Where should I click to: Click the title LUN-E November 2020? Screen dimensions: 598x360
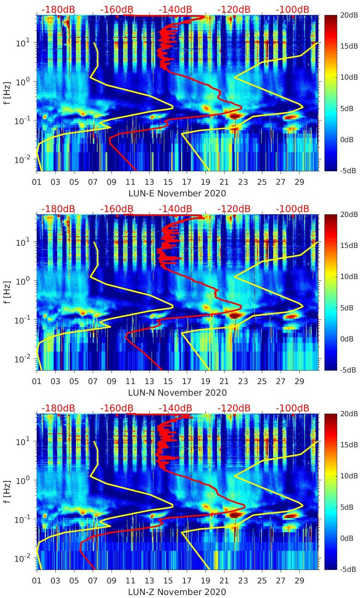click(x=177, y=193)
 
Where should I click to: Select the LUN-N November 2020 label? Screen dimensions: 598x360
click(x=177, y=393)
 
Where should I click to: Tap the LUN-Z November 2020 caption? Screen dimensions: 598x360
click(x=177, y=592)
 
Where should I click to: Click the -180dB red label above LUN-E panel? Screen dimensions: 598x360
click(x=58, y=9)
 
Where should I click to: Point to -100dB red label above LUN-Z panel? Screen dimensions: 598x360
click(x=292, y=408)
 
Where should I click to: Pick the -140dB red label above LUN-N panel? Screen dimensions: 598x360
click(x=175, y=209)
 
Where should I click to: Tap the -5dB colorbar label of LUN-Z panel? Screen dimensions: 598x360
click(x=348, y=569)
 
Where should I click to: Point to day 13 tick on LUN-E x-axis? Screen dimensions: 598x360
click(x=149, y=182)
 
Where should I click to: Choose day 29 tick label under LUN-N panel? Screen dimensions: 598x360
click(x=299, y=381)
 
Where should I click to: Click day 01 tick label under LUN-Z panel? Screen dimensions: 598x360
click(x=37, y=581)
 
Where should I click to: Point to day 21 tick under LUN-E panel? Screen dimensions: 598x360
click(x=224, y=182)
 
